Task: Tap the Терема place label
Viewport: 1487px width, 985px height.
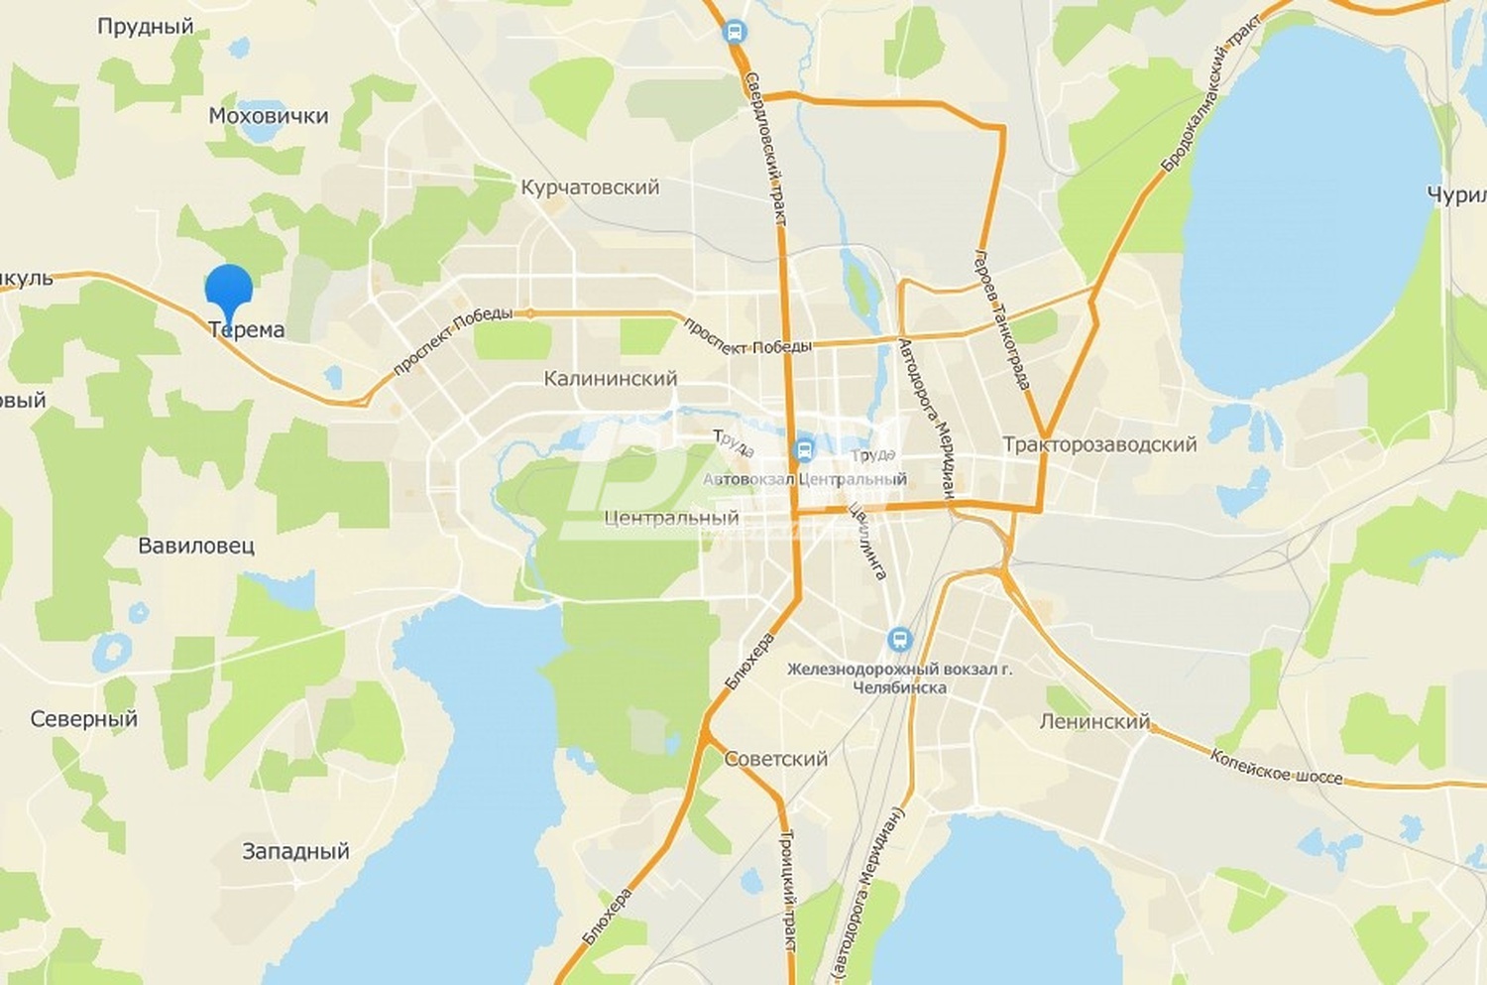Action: tap(247, 330)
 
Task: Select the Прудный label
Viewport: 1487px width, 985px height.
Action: tap(145, 27)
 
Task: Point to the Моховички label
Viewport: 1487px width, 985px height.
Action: tap(268, 116)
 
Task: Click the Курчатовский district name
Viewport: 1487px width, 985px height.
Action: tap(590, 187)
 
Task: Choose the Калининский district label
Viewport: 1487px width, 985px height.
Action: tap(611, 379)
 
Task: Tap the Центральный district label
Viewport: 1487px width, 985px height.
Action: tap(671, 518)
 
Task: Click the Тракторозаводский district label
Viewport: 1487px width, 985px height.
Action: tap(1099, 444)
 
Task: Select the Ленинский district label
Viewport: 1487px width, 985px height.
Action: tap(1094, 722)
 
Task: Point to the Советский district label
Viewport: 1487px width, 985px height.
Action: tap(775, 759)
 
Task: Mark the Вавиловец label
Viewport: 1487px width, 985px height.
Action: tap(196, 546)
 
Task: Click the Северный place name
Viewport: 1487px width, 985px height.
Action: tap(83, 719)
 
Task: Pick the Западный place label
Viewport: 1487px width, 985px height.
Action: tap(295, 851)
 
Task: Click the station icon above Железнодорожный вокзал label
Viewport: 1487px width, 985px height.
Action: tap(900, 639)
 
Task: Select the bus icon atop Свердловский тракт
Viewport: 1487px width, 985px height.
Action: tap(735, 33)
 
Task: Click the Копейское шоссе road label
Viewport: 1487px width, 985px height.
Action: tap(1276, 767)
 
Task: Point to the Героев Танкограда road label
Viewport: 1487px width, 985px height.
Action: tap(1003, 319)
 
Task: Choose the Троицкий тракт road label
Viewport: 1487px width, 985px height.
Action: tap(790, 892)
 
